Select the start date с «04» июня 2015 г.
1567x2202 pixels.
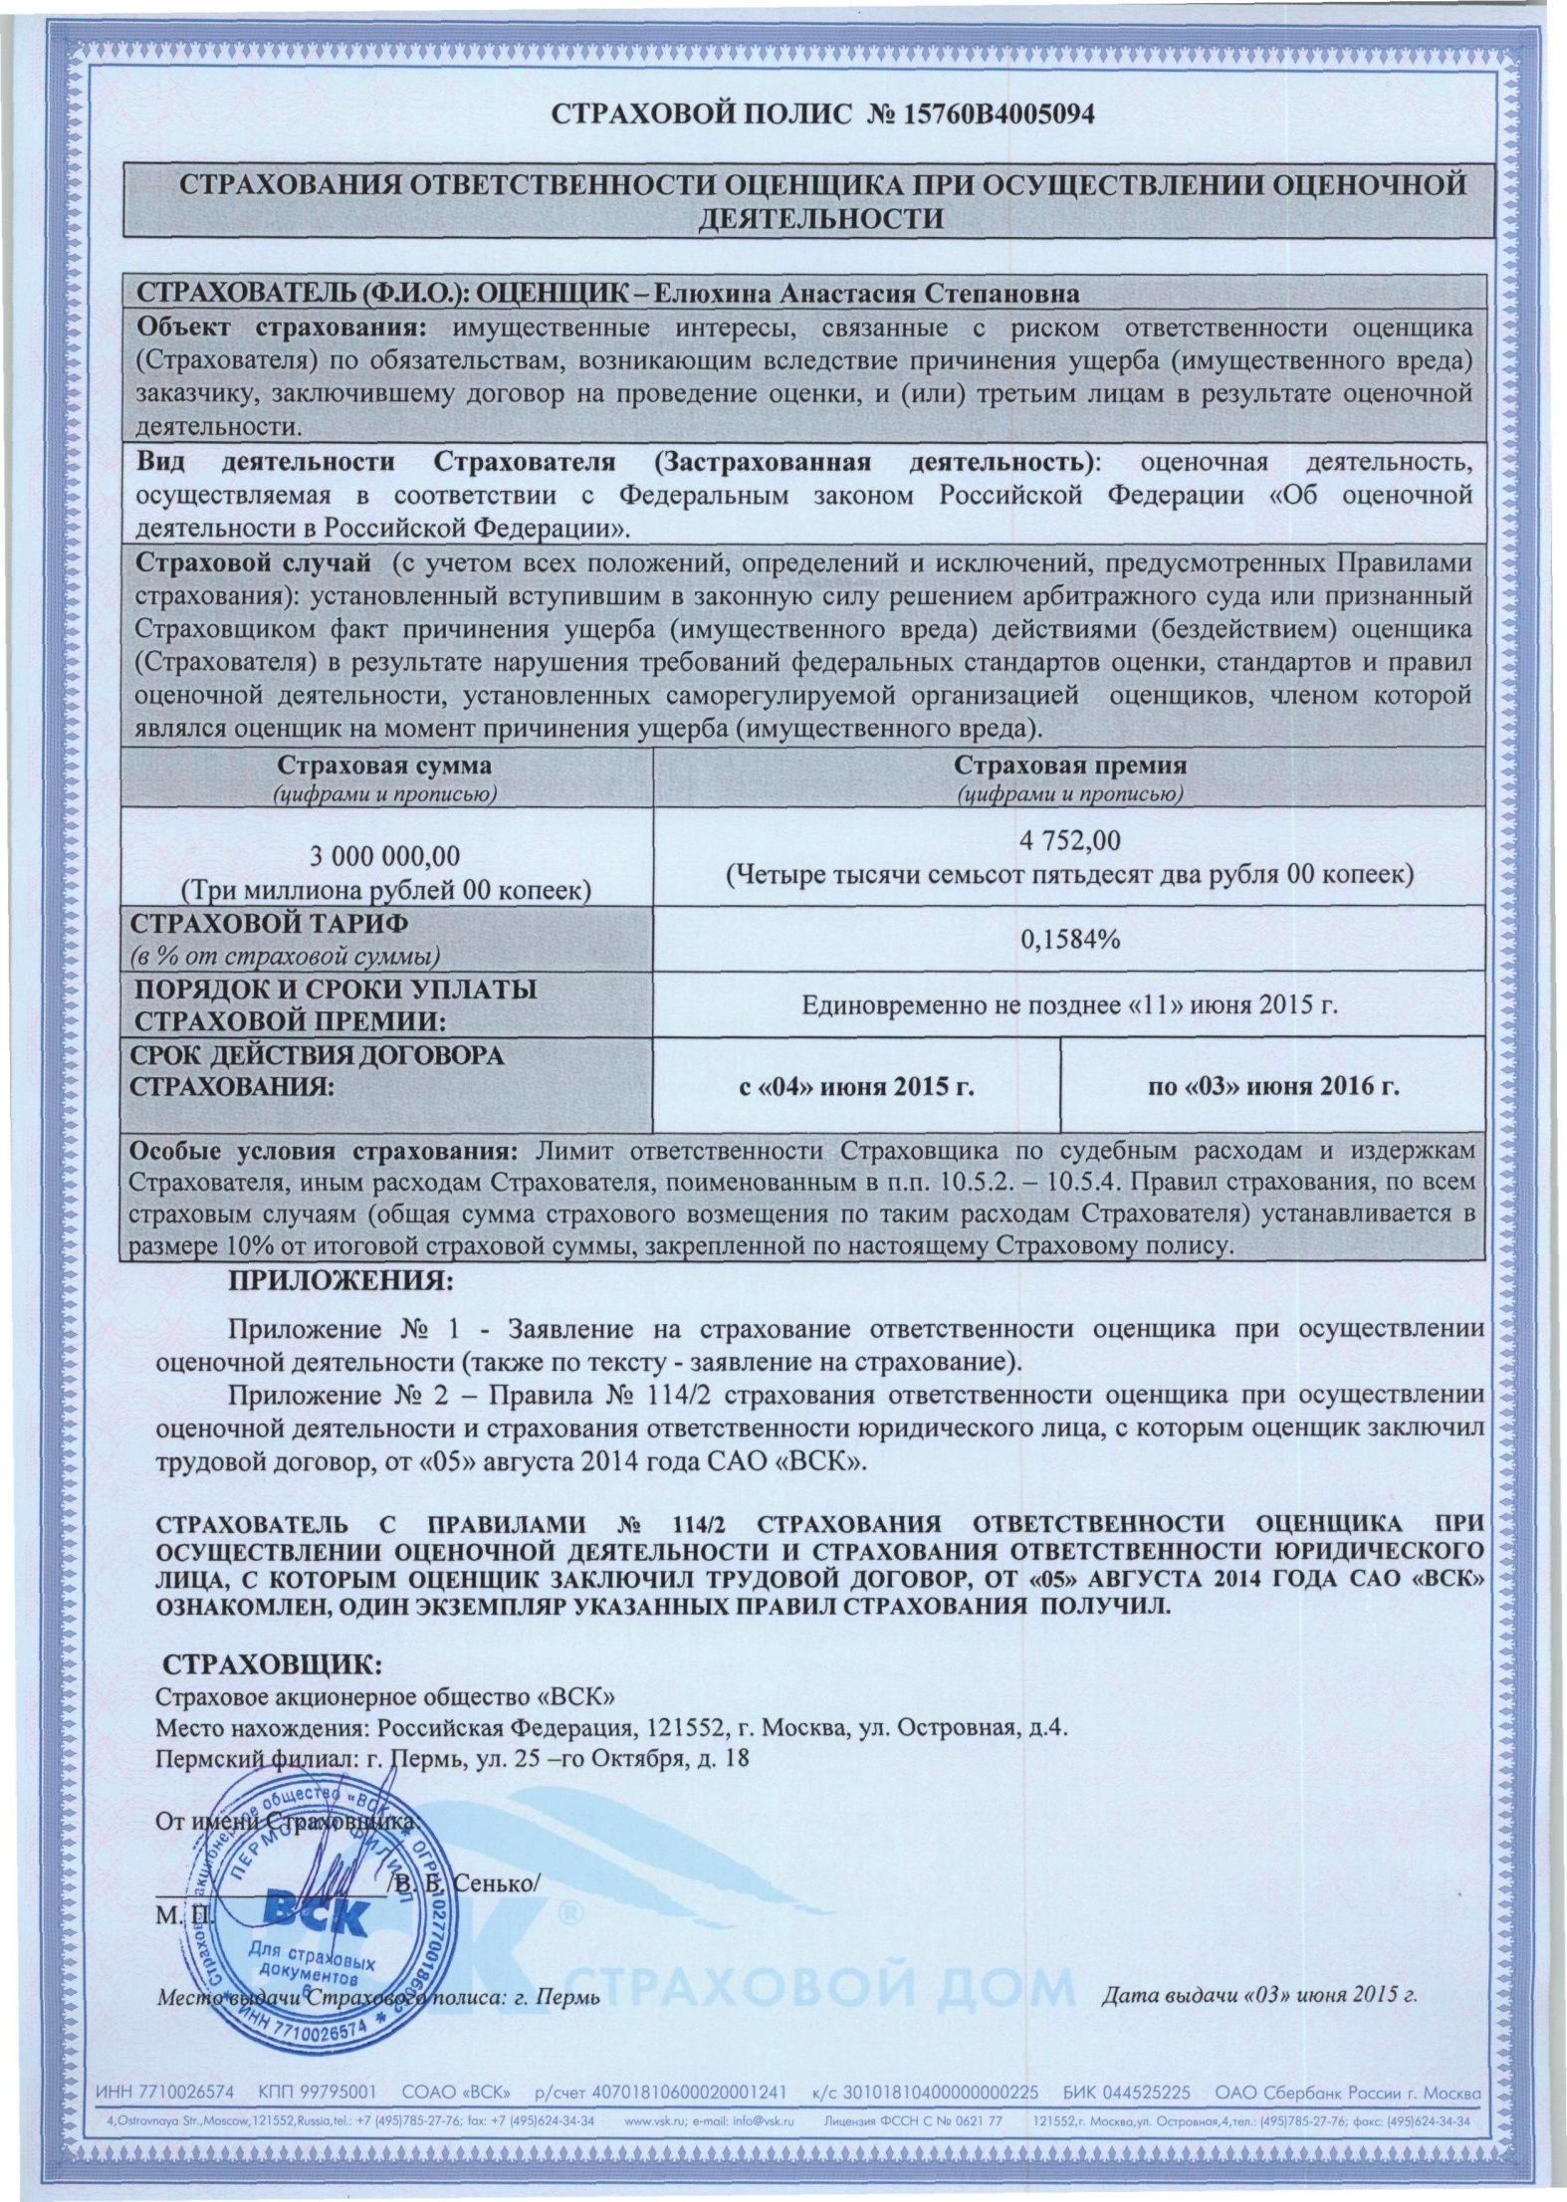[x=855, y=1086]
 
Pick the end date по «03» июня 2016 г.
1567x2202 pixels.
[x=1273, y=1086]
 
